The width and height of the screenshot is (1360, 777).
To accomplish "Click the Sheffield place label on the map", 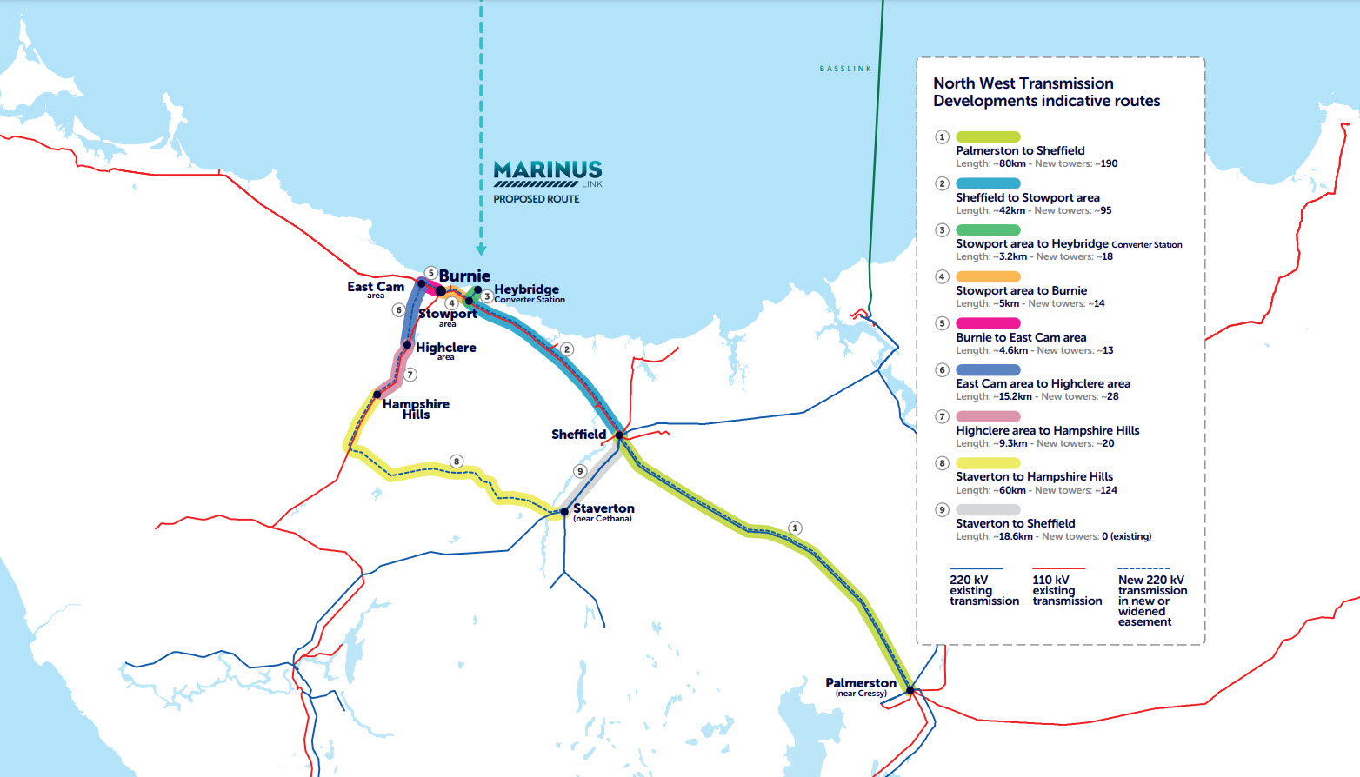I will [x=578, y=434].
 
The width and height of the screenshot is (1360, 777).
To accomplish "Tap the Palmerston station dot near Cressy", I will [x=910, y=691].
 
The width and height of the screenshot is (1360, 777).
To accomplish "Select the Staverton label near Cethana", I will [x=603, y=509].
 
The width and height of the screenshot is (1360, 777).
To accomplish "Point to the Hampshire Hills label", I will [x=416, y=408].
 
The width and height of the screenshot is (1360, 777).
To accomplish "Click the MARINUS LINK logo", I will [x=548, y=173].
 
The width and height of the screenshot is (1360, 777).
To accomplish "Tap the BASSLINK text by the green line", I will [x=845, y=69].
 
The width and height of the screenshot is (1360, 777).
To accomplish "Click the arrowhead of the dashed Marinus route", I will [x=481, y=250].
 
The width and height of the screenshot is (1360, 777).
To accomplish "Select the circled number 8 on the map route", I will [x=457, y=462].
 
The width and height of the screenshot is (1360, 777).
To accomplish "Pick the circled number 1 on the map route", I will [x=795, y=528].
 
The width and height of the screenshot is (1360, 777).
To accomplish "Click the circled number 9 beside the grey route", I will [x=580, y=471].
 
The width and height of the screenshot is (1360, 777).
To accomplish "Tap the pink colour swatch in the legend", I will [x=988, y=323].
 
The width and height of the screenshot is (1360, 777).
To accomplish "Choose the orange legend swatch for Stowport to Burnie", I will [x=988, y=276].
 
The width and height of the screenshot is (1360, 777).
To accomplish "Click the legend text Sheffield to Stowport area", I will [x=1027, y=197].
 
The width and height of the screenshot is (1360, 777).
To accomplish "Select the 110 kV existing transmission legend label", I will [x=1067, y=590].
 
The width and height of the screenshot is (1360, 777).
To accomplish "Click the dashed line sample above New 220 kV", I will [x=1143, y=568].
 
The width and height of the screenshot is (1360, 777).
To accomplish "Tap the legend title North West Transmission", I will [x=1023, y=83].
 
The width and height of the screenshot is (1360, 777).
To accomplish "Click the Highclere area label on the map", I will [x=445, y=349].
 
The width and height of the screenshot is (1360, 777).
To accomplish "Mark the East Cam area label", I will [x=376, y=288].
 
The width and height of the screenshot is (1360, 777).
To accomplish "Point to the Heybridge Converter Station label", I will [x=527, y=293].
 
